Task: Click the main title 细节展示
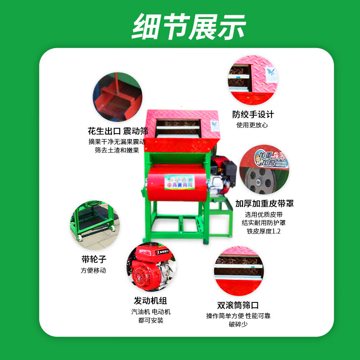pyautogui.click(x=189, y=26)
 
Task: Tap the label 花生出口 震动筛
pyautogui.click(x=118, y=131)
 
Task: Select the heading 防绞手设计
pyautogui.click(x=252, y=115)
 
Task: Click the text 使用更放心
pyautogui.click(x=252, y=125)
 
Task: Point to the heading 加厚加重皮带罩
pyautogui.click(x=265, y=203)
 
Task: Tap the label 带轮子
pyautogui.click(x=94, y=260)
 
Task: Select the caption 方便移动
pyautogui.click(x=94, y=270)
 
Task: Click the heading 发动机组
pyautogui.click(x=150, y=301)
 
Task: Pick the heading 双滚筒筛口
pyautogui.click(x=238, y=305)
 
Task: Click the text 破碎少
pyautogui.click(x=238, y=324)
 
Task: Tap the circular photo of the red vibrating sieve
pyautogui.click(x=117, y=97)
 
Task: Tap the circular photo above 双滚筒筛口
pyautogui.click(x=238, y=270)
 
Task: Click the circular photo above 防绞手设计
pyautogui.click(x=252, y=81)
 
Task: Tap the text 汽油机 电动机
pyautogui.click(x=151, y=311)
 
